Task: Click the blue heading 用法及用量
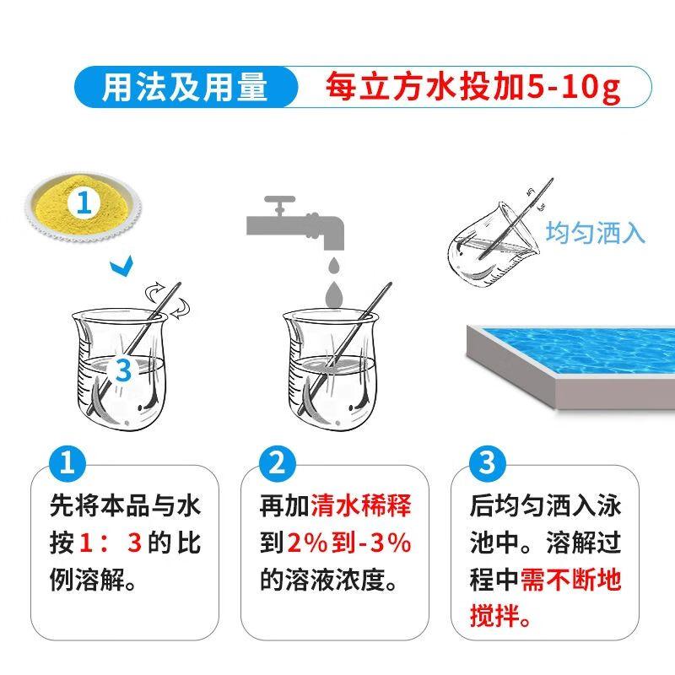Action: point(184,88)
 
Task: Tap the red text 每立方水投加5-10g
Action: point(472,88)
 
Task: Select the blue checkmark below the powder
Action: point(121,267)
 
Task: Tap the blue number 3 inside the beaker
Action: point(123,370)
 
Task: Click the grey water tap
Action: point(295,223)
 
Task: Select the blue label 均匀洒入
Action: point(595,233)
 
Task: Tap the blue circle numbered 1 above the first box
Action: point(67,463)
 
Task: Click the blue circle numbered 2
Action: point(278,463)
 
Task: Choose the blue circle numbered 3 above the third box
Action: point(488,463)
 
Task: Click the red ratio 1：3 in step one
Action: point(111,543)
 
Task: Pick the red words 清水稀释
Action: point(361,505)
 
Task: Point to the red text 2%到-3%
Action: point(349,543)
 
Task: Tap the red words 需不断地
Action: point(571,580)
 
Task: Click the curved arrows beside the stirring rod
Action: point(170,300)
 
